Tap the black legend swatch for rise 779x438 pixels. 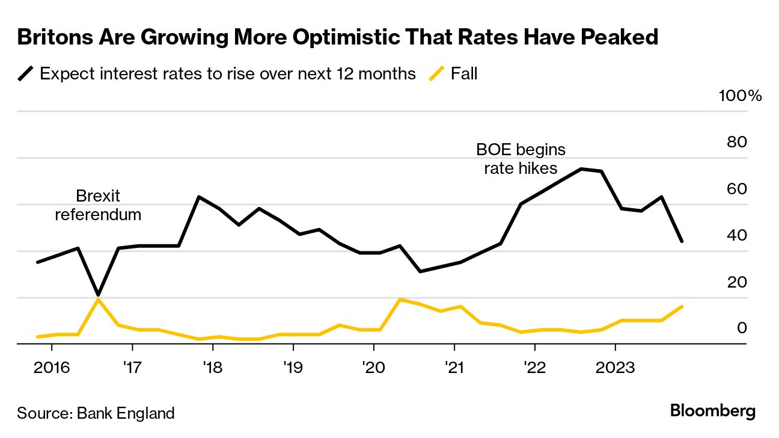click(x=26, y=74)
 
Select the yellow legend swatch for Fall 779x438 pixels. click(x=437, y=74)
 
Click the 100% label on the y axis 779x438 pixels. click(x=740, y=96)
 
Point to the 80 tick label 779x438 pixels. click(x=737, y=143)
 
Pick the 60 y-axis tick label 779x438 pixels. click(x=737, y=189)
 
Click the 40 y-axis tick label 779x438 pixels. click(x=737, y=235)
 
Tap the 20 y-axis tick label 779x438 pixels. click(x=737, y=282)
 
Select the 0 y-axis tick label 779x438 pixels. click(x=742, y=328)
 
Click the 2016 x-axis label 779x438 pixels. click(x=51, y=366)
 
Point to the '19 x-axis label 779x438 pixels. click(x=293, y=366)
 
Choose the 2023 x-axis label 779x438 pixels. click(x=614, y=366)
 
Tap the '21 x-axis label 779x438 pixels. click(x=454, y=366)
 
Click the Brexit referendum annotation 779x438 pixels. click(x=98, y=205)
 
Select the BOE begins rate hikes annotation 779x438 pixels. click(x=521, y=158)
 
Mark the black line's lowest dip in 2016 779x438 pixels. click(x=98, y=295)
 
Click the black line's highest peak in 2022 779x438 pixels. click(x=581, y=169)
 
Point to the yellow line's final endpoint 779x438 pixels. click(x=682, y=307)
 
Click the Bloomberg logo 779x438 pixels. click(x=712, y=412)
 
